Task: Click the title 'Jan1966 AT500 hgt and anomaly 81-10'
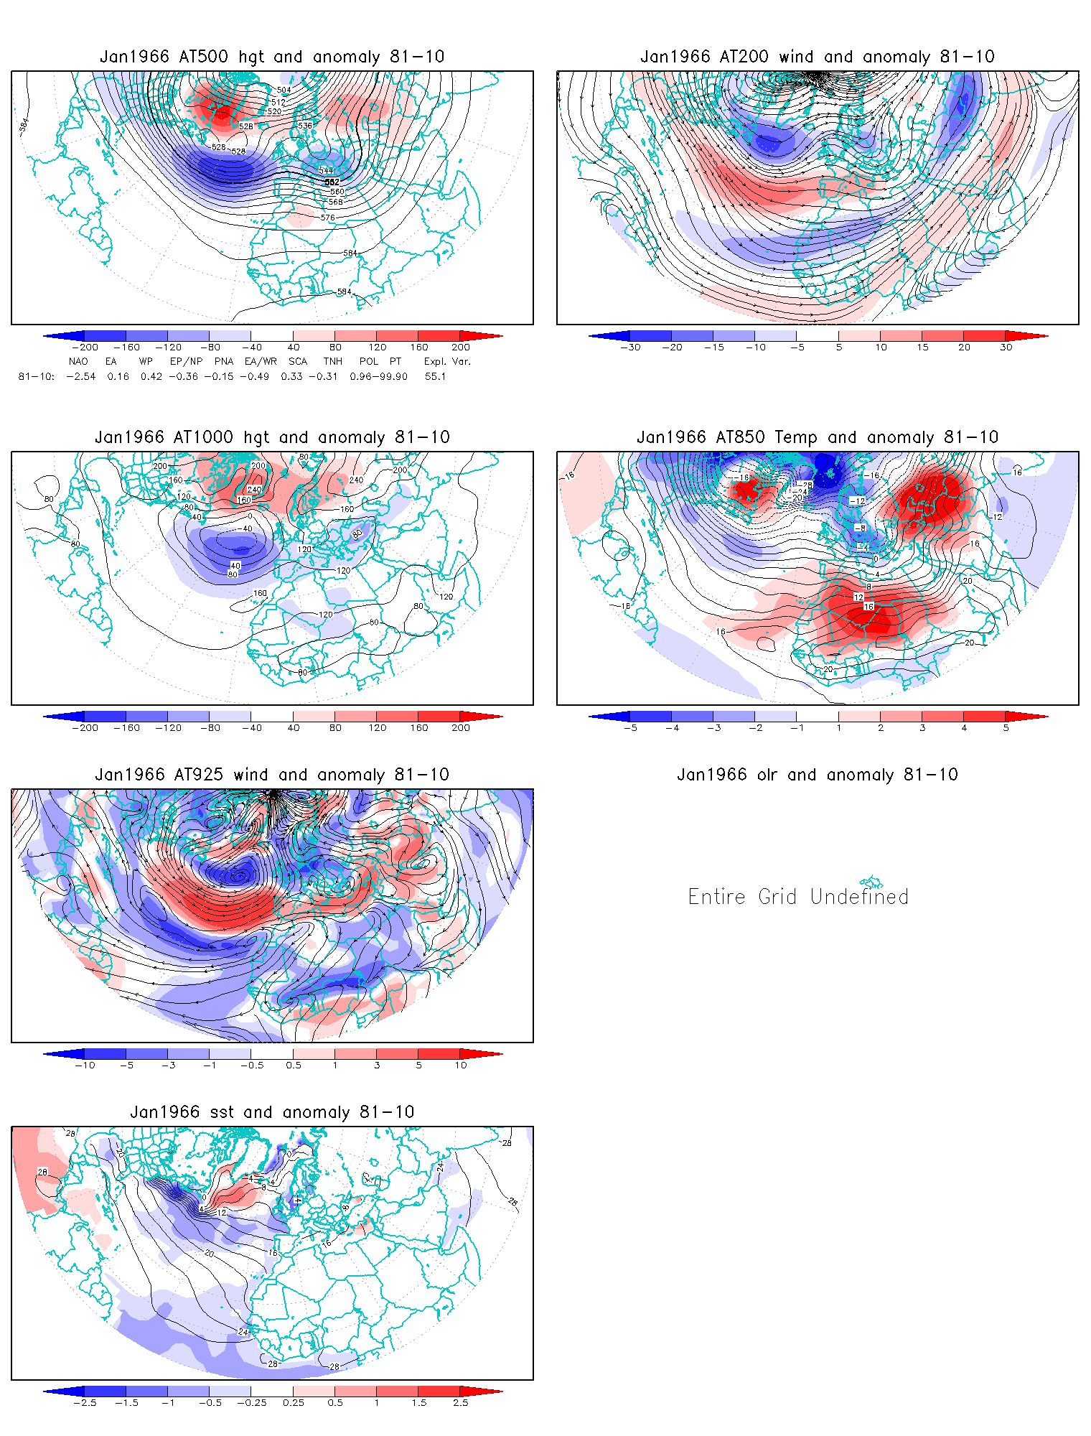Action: point(272,57)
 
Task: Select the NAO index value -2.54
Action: point(80,376)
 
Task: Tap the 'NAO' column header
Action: point(78,361)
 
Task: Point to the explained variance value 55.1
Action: point(435,376)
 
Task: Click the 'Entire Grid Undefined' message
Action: point(798,897)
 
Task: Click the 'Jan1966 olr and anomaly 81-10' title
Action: point(818,775)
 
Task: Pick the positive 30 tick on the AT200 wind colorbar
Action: point(1006,348)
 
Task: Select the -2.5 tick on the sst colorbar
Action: point(85,1402)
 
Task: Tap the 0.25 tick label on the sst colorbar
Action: point(294,1402)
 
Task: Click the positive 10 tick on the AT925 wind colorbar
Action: point(461,1065)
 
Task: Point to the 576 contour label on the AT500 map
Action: point(328,218)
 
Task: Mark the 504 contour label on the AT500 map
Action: point(284,90)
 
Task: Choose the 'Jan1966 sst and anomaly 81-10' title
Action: point(272,1112)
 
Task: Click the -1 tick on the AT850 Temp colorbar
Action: point(797,727)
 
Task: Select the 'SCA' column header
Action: point(298,361)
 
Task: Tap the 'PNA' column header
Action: point(224,361)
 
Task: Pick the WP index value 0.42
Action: point(151,376)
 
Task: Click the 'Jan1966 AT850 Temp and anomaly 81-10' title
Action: point(818,437)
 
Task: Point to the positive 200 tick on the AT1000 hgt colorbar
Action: point(461,727)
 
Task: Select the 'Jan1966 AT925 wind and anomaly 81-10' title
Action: point(272,775)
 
